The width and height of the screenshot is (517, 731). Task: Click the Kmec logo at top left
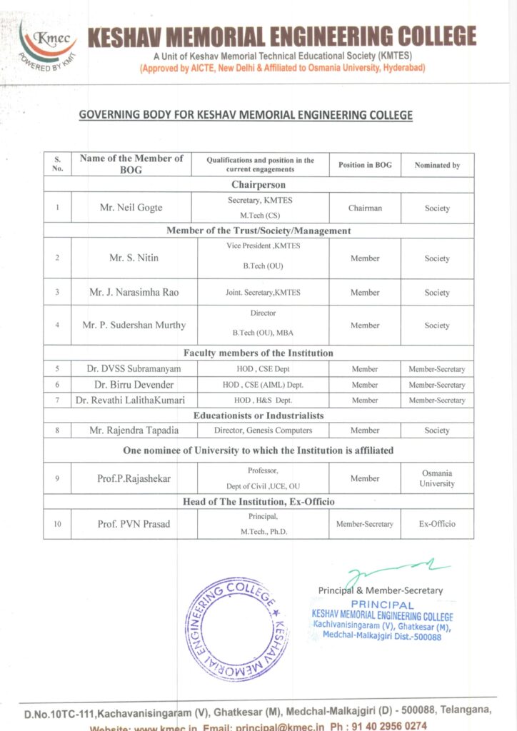48,45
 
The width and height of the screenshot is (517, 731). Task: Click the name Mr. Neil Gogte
131,208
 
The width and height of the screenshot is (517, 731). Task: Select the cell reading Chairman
365,208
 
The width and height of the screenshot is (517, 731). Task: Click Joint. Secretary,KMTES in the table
262,293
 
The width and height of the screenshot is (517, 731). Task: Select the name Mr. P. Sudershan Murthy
134,326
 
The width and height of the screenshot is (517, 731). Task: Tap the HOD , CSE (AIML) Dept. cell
262,385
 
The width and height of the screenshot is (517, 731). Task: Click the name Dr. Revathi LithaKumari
130,400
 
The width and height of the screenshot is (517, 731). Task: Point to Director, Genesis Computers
263,430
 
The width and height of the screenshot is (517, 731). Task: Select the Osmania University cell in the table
437,478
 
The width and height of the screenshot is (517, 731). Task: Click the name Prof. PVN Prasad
134,524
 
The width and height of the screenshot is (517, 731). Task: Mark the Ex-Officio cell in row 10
437,524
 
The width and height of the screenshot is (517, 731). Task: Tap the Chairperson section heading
258,184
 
